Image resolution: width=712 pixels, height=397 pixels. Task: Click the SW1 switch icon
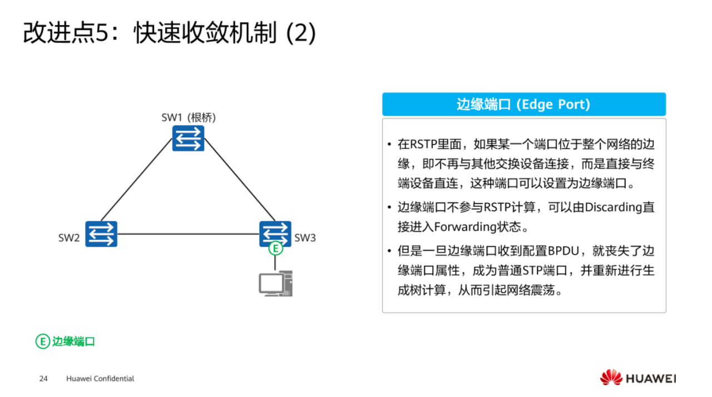[188, 138]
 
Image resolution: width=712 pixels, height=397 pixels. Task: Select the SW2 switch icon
[101, 234]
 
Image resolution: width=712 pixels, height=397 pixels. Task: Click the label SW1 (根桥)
[189, 117]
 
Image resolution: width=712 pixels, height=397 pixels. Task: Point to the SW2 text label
[70, 238]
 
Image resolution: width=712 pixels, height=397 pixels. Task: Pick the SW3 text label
[305, 238]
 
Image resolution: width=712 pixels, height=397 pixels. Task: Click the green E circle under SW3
[275, 249]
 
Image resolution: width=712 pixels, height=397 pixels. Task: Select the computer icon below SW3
[275, 283]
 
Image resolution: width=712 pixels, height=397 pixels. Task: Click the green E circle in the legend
[42, 341]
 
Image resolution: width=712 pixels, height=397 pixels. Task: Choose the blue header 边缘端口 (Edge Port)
[523, 105]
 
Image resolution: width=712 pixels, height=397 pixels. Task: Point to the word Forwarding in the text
[464, 227]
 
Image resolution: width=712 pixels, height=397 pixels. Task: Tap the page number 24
[43, 379]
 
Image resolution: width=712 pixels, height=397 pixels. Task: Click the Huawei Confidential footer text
[100, 379]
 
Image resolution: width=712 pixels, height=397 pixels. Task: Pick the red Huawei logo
[611, 378]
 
